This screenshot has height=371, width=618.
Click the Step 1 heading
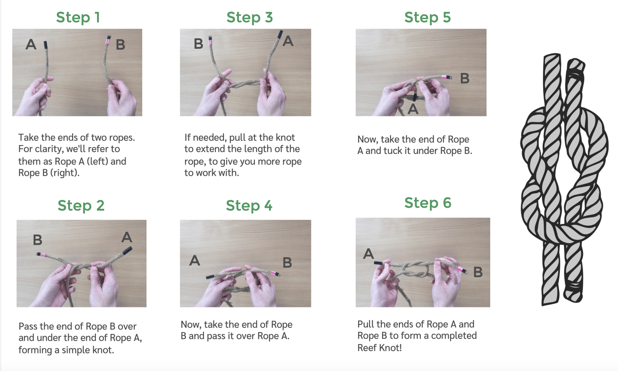tap(78, 17)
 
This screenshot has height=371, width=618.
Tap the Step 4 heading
tap(249, 205)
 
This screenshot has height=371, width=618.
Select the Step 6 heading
tap(427, 203)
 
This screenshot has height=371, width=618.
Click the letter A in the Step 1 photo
tap(31, 44)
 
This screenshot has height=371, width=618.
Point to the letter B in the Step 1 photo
tap(120, 45)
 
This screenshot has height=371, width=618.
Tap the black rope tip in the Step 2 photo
tap(127, 250)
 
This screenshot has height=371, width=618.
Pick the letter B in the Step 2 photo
tap(38, 240)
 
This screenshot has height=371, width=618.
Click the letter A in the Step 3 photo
tap(288, 41)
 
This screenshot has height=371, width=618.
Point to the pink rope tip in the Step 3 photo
tap(211, 41)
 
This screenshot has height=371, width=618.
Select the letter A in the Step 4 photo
tap(194, 260)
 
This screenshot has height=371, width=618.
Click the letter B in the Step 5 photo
tap(464, 78)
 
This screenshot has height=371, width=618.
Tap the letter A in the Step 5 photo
tap(413, 109)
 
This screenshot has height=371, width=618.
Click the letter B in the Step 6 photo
tap(478, 272)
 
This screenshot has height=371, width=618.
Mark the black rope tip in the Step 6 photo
tap(379, 263)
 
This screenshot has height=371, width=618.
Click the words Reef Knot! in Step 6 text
tap(379, 348)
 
